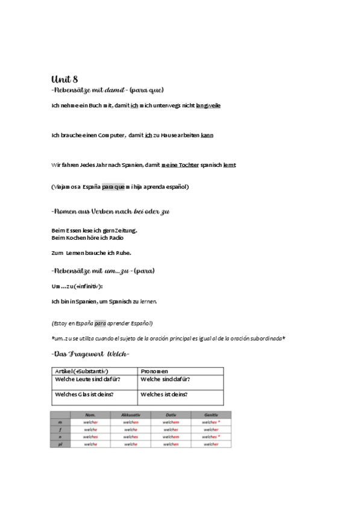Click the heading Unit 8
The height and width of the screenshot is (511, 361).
64,80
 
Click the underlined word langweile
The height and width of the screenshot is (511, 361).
208,105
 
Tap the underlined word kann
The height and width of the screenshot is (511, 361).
207,135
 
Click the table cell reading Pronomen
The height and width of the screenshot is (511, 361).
154,371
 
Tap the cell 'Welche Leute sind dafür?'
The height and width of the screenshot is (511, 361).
87,379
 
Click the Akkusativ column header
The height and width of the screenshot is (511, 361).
131,415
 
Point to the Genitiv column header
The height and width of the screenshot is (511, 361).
211,415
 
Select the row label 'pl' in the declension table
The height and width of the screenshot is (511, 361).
60,444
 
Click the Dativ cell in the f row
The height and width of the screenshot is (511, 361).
171,430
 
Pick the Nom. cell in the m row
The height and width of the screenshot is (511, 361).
91,422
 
